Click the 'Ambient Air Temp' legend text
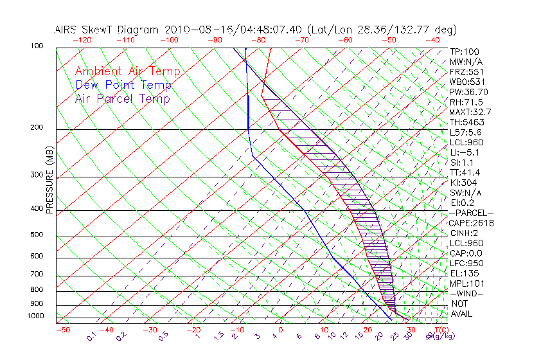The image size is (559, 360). [x=127, y=71]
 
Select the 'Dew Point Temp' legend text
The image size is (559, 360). [x=123, y=85]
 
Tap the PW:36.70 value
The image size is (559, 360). [x=468, y=91]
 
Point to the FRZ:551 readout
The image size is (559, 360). [x=466, y=71]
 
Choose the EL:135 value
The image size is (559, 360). [x=465, y=273]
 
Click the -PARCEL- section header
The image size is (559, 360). [x=472, y=212]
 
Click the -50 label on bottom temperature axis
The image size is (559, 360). [x=62, y=329]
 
